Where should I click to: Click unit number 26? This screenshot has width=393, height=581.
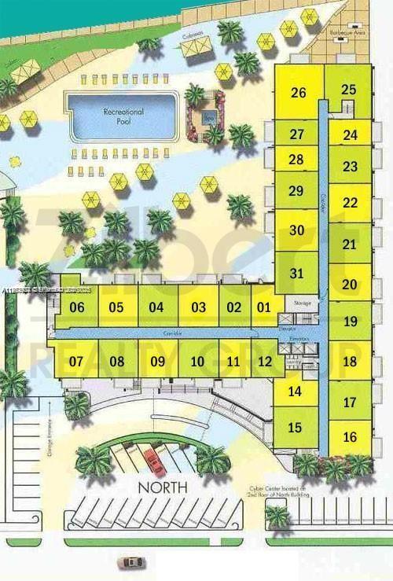pyautogui.click(x=298, y=93)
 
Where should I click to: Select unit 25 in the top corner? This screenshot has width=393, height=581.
pyautogui.click(x=350, y=90)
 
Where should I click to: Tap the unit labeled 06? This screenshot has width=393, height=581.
pyautogui.click(x=77, y=307)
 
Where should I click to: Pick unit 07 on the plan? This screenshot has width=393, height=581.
pyautogui.click(x=76, y=362)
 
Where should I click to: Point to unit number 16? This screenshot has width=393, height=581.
pyautogui.click(x=350, y=437)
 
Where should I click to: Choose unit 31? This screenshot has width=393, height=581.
pyautogui.click(x=296, y=274)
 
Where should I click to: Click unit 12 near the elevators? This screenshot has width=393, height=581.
pyautogui.click(x=265, y=362)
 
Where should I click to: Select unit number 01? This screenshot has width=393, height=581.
pyautogui.click(x=264, y=307)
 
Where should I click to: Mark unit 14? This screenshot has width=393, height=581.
pyautogui.click(x=295, y=391)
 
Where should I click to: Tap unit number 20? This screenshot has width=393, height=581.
pyautogui.click(x=350, y=285)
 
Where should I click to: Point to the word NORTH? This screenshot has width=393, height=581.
pyautogui.click(x=163, y=487)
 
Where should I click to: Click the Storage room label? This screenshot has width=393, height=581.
pyautogui.click(x=303, y=303)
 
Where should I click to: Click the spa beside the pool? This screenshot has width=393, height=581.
pyautogui.click(x=208, y=119)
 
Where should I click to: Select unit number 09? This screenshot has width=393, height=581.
pyautogui.click(x=157, y=362)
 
